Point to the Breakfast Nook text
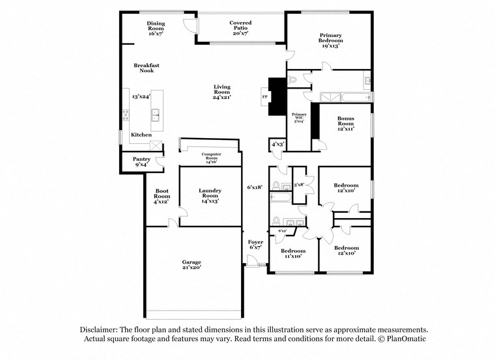pos(147,68)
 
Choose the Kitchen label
pos(141,135)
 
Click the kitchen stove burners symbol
pos(125,117)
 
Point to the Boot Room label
pos(162,196)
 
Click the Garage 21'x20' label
pos(191,264)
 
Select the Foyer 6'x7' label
pos(256,244)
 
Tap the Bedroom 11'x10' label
pos(293,253)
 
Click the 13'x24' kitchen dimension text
pos(141,96)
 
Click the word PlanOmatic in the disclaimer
pos(404,339)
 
